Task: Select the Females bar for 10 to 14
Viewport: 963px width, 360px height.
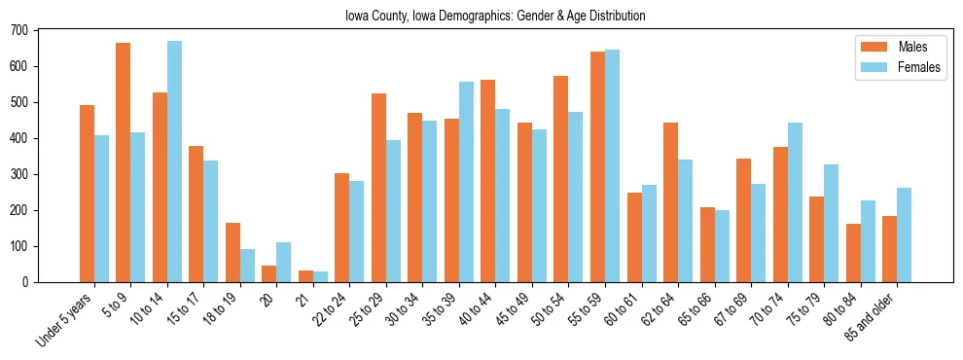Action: click(x=174, y=162)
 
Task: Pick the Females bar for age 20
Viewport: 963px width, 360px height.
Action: click(x=284, y=263)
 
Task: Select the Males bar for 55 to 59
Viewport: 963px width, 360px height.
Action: click(x=597, y=166)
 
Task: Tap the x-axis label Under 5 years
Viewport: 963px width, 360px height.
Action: click(x=65, y=318)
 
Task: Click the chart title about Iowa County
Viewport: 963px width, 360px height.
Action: click(x=495, y=17)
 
